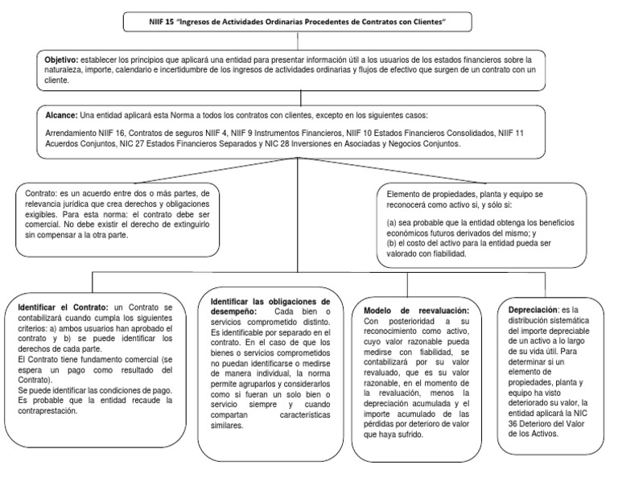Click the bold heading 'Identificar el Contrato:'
tap(62, 307)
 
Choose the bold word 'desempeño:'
tap(229, 311)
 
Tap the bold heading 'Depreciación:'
tap(533, 309)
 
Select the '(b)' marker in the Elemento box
tap(392, 242)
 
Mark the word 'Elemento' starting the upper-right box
tap(406, 193)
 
